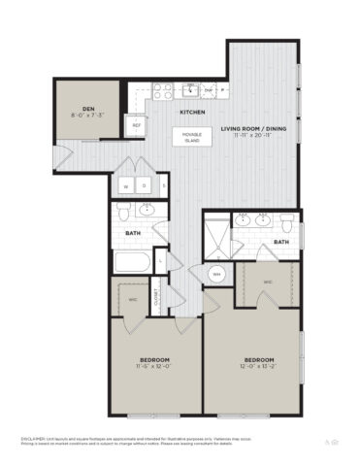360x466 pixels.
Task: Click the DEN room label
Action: [x=87, y=110]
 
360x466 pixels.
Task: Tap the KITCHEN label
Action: [x=190, y=113]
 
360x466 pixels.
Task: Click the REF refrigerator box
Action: [x=136, y=125]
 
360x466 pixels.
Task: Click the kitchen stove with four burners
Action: [x=162, y=92]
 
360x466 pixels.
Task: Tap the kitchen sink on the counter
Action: [x=192, y=90]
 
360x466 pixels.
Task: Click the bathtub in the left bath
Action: [x=132, y=262]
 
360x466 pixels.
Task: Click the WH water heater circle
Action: [x=217, y=274]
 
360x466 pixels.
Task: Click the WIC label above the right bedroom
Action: [x=269, y=282]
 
